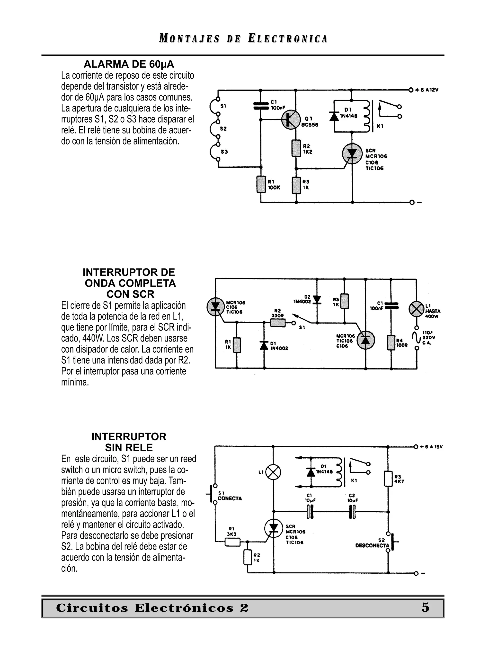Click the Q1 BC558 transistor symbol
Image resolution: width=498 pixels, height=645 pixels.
pos(291,120)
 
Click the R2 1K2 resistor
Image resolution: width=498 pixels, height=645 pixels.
pos(296,148)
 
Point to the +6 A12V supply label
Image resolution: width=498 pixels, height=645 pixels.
pos(427,90)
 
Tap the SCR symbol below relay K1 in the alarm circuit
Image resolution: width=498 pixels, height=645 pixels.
pos(352,154)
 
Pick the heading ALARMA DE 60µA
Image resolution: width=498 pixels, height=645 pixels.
pos(129,64)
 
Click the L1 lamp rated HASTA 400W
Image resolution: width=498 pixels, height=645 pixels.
pos(416,309)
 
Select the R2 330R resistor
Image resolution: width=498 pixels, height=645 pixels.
pos(278,323)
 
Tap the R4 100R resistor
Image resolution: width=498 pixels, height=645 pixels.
pos(391,343)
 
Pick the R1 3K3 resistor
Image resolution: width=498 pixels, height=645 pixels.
pos(232,542)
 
